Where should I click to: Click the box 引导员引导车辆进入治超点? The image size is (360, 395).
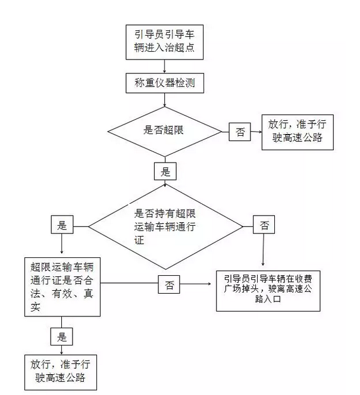(165, 42)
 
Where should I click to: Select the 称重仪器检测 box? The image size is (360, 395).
(165, 84)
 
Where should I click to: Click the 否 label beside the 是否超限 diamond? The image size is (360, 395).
(240, 132)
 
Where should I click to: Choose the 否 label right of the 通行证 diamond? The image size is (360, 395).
(264, 225)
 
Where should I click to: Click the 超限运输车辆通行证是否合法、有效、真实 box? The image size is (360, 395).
(61, 285)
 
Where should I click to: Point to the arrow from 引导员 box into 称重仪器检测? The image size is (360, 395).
(165, 66)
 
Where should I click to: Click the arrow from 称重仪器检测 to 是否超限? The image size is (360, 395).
(165, 101)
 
